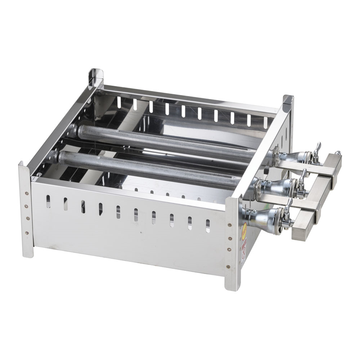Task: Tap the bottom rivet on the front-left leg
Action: tap(27, 233)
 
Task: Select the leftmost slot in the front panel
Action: tap(48, 201)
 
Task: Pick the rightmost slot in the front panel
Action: tap(207, 225)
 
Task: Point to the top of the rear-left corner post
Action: tap(96, 72)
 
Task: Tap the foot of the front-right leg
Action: tap(233, 286)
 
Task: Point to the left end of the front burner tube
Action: tap(57, 156)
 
